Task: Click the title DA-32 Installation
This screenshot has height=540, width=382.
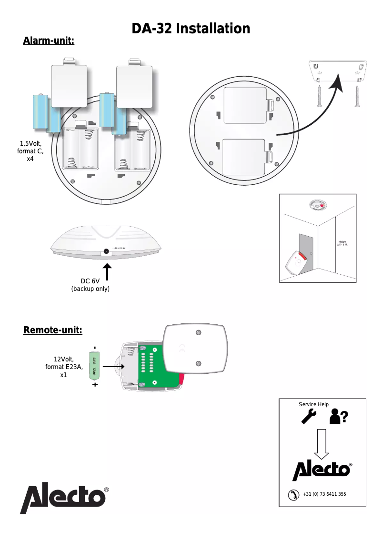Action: tap(191, 29)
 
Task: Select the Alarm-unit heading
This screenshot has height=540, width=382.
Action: tap(49, 41)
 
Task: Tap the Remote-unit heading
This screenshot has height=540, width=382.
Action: tap(53, 330)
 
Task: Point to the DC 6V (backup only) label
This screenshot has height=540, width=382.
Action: tap(90, 285)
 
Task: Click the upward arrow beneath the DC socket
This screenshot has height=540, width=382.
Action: tap(108, 273)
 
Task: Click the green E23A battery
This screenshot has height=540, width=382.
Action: tap(94, 366)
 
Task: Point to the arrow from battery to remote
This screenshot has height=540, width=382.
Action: tap(113, 366)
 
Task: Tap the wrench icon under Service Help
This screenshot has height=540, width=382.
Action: tap(309, 416)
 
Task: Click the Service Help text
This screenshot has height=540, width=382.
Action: tap(313, 404)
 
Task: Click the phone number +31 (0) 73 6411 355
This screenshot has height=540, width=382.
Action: tap(324, 494)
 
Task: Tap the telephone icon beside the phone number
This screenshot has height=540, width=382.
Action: tap(293, 495)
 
